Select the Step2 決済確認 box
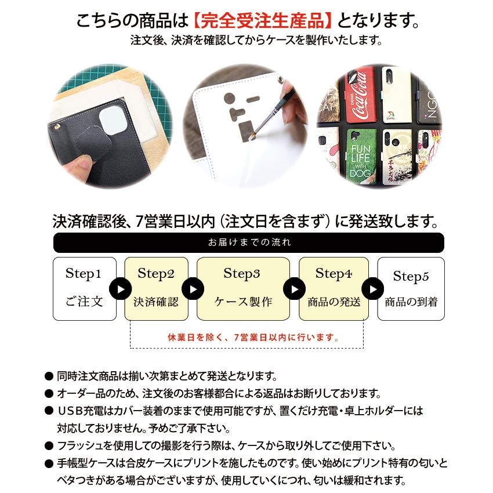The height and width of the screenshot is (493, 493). pyautogui.click(x=156, y=288)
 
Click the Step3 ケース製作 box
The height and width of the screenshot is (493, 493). pyautogui.click(x=243, y=288)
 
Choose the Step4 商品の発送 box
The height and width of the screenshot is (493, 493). pyautogui.click(x=333, y=288)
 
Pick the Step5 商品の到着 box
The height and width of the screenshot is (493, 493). pyautogui.click(x=411, y=288)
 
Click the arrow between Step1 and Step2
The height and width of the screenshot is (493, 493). pyautogui.click(x=120, y=288)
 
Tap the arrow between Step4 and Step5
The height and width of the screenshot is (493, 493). pyautogui.click(x=373, y=288)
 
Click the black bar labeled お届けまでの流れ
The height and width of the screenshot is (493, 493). pyautogui.click(x=248, y=242)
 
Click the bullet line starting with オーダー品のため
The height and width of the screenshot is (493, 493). pyautogui.click(x=219, y=393)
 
